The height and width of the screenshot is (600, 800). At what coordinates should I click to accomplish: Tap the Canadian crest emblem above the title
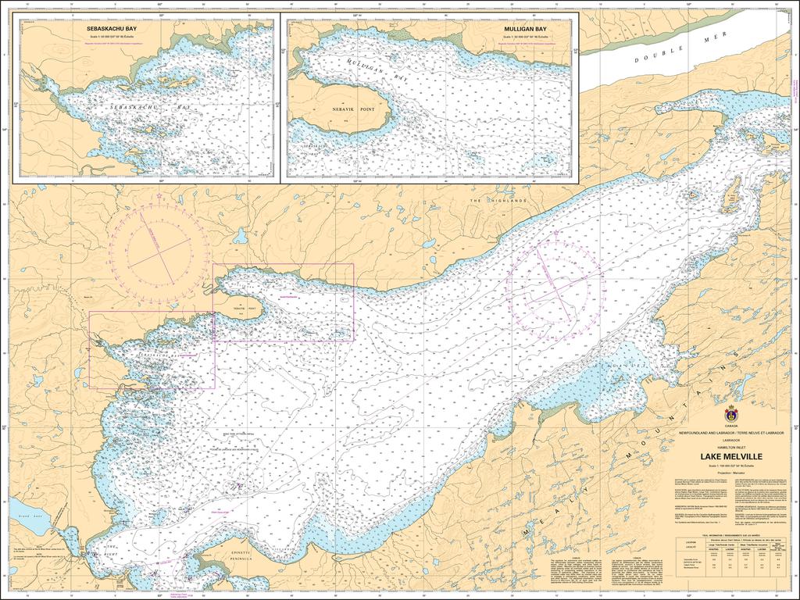tap(732, 412)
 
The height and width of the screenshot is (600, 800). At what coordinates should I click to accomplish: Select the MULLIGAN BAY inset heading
tap(524, 27)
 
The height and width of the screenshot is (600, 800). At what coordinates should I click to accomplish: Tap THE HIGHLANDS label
tap(498, 201)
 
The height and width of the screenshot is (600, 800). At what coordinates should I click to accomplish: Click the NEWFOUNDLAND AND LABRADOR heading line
tap(731, 432)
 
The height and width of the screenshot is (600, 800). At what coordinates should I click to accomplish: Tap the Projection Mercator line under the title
tap(731, 472)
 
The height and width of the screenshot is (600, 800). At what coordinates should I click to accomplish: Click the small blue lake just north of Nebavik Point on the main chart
tap(241, 235)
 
